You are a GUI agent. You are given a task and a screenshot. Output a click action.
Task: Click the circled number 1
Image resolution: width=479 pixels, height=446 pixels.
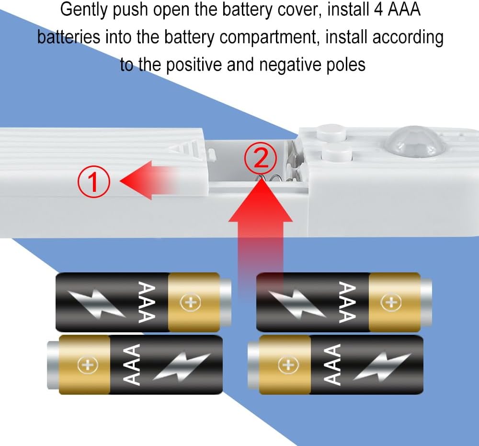(x=93, y=182)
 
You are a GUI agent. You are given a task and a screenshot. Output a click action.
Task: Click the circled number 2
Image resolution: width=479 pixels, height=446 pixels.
(x=261, y=158)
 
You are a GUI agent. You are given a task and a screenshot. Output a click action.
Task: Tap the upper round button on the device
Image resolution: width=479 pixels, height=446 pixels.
(x=332, y=132)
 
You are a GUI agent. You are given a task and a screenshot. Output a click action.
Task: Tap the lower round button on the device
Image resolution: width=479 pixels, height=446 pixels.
(x=337, y=153)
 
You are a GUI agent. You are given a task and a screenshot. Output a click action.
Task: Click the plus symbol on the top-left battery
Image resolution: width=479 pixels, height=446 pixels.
(x=190, y=302)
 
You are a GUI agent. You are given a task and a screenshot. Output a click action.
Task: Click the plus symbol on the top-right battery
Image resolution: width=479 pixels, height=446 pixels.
(x=391, y=302)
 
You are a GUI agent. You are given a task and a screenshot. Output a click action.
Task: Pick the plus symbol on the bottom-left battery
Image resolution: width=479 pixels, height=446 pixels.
(x=88, y=364)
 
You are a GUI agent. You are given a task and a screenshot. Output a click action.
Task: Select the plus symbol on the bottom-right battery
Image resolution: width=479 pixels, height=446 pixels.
(x=288, y=364)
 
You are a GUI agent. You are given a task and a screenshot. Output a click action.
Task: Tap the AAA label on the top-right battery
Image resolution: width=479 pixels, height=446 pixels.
(x=348, y=302)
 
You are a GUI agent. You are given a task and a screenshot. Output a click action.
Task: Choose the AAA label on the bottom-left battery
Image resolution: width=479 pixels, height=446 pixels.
(x=131, y=364)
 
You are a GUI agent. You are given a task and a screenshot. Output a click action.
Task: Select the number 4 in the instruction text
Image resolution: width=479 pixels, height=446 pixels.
(x=378, y=9)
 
